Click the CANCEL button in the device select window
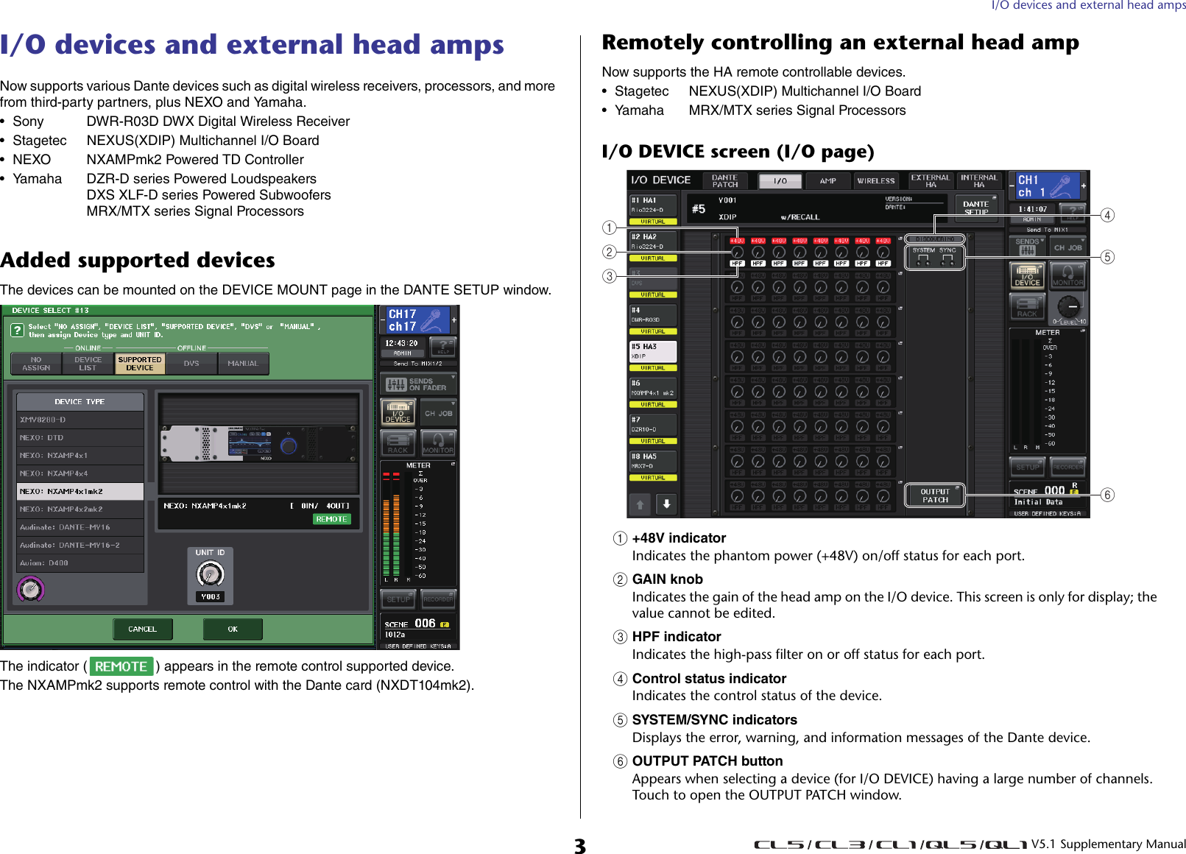143,629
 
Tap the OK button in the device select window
233,629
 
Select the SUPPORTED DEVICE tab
140,364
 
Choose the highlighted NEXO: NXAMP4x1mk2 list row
80,491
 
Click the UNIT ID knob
210,574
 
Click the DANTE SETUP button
976,207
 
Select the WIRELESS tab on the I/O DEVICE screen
875,180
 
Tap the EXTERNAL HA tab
930,180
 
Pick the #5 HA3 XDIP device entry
652,351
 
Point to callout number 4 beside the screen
1107,215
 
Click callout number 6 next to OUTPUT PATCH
1107,495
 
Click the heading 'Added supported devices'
138,260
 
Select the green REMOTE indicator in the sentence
121,666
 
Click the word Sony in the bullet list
28,121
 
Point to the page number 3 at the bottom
580,845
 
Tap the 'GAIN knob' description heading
667,579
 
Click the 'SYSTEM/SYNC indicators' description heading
714,720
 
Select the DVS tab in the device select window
191,364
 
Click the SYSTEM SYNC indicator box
933,256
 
